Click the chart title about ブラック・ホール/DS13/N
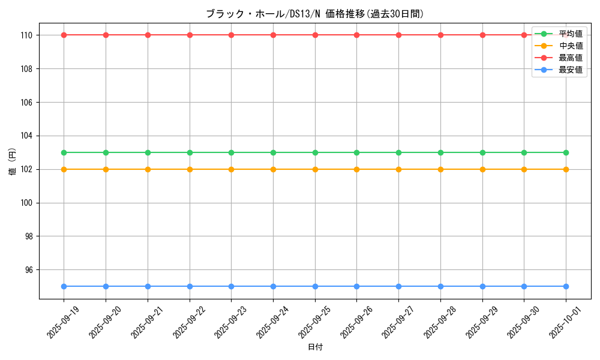[x=314, y=14]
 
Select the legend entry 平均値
[x=571, y=34]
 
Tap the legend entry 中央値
[x=571, y=46]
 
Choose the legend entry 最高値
[x=571, y=58]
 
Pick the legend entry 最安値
[x=571, y=70]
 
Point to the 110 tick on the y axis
[x=28, y=35]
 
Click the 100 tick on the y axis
[x=28, y=203]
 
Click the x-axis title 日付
[x=314, y=347]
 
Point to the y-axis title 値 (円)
[x=13, y=162]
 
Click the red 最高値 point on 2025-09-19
[x=64, y=35]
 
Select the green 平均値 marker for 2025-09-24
[x=273, y=152]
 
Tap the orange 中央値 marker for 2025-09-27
[x=398, y=169]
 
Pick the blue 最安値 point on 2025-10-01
[x=566, y=286]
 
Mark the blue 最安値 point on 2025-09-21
[x=148, y=286]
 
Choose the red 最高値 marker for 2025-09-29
[x=482, y=35]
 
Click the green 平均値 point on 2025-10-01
[x=566, y=152]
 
